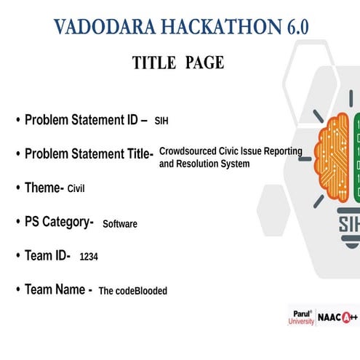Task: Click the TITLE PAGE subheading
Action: (x=178, y=63)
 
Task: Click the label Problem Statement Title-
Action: (x=89, y=154)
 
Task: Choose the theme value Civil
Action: (x=76, y=189)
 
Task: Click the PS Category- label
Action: (x=59, y=222)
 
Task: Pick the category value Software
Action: (x=120, y=224)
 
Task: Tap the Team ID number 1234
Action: (x=88, y=257)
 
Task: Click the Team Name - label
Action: (x=58, y=289)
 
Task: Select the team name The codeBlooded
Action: (x=132, y=291)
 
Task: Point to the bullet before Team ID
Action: (x=17, y=255)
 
